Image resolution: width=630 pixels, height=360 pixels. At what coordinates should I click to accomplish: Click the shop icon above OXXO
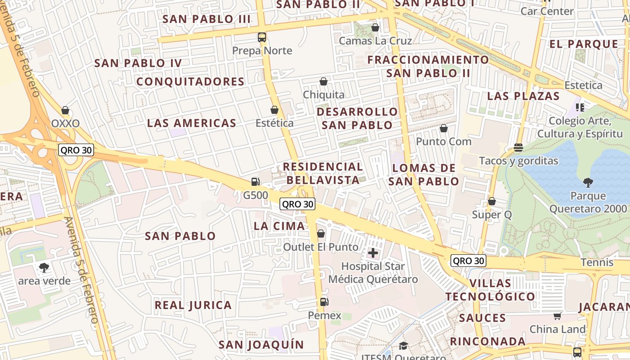[x=65, y=110]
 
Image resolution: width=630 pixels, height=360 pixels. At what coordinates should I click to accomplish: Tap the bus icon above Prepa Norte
[x=262, y=37]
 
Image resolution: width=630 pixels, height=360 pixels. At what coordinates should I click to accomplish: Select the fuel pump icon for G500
[x=255, y=182]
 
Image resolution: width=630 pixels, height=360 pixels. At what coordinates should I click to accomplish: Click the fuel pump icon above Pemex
[x=324, y=302]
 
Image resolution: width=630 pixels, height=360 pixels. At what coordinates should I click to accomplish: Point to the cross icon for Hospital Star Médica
[x=373, y=253]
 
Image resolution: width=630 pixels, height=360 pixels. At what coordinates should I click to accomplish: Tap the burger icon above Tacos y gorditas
[x=518, y=148]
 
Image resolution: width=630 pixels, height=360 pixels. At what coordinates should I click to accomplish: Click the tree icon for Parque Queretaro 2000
[x=588, y=182]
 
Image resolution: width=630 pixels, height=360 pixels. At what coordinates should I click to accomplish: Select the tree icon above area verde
[x=44, y=268]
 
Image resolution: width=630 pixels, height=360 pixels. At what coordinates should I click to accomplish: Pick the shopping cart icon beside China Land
[x=558, y=316]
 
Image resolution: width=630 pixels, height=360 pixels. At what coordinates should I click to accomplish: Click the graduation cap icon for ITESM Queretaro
[x=403, y=346]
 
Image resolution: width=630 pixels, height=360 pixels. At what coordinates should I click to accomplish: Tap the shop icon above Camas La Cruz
[x=375, y=28]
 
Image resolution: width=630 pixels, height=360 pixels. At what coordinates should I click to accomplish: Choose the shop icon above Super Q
[x=492, y=201]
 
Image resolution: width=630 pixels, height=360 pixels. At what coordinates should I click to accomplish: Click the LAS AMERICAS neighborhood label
[x=192, y=123]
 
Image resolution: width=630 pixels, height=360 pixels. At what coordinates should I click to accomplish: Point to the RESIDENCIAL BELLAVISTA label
[x=323, y=173]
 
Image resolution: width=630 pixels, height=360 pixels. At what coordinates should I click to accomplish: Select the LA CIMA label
[x=279, y=226]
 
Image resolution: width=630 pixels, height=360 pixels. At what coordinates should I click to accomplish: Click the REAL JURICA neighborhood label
[x=193, y=305]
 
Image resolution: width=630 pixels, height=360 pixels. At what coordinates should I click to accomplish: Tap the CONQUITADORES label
[x=190, y=81]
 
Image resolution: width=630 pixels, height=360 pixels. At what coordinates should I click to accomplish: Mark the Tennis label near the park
[x=597, y=262]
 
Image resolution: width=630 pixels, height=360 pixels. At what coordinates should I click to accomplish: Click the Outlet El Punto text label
[x=321, y=247]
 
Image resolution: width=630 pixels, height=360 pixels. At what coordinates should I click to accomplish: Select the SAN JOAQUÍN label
[x=261, y=345]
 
